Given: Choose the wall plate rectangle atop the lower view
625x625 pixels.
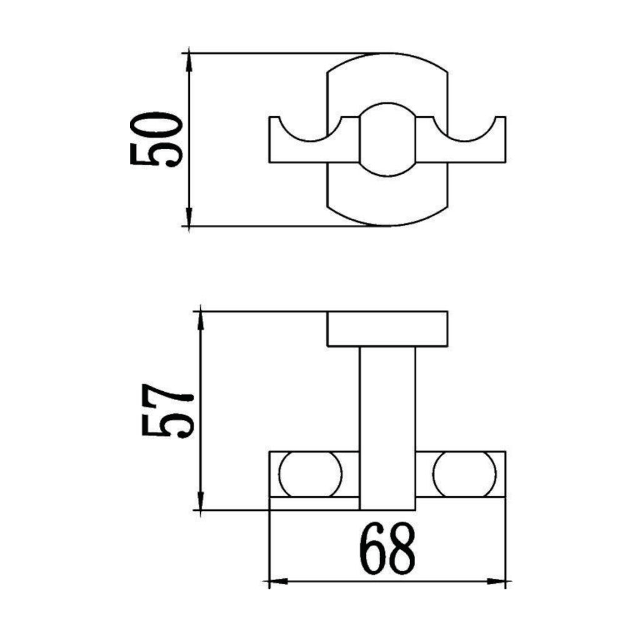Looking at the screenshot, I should tap(387, 328).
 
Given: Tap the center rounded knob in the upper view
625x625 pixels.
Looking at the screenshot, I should tap(387, 139).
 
